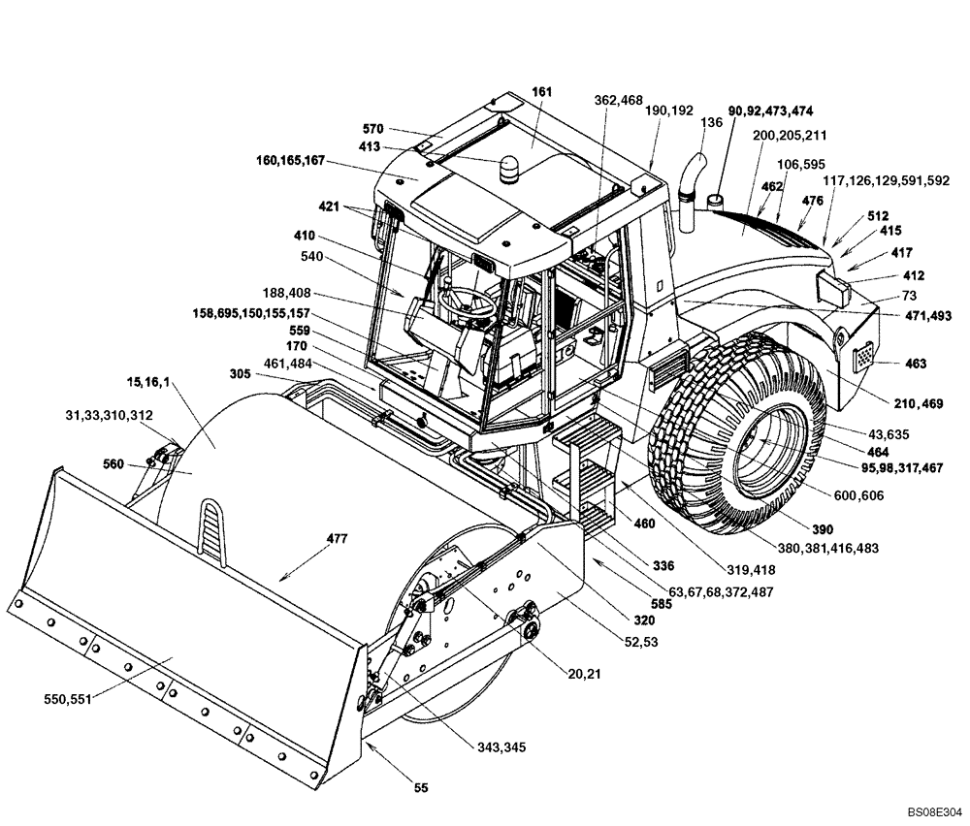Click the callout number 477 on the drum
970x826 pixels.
point(314,538)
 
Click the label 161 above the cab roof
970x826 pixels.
point(541,91)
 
